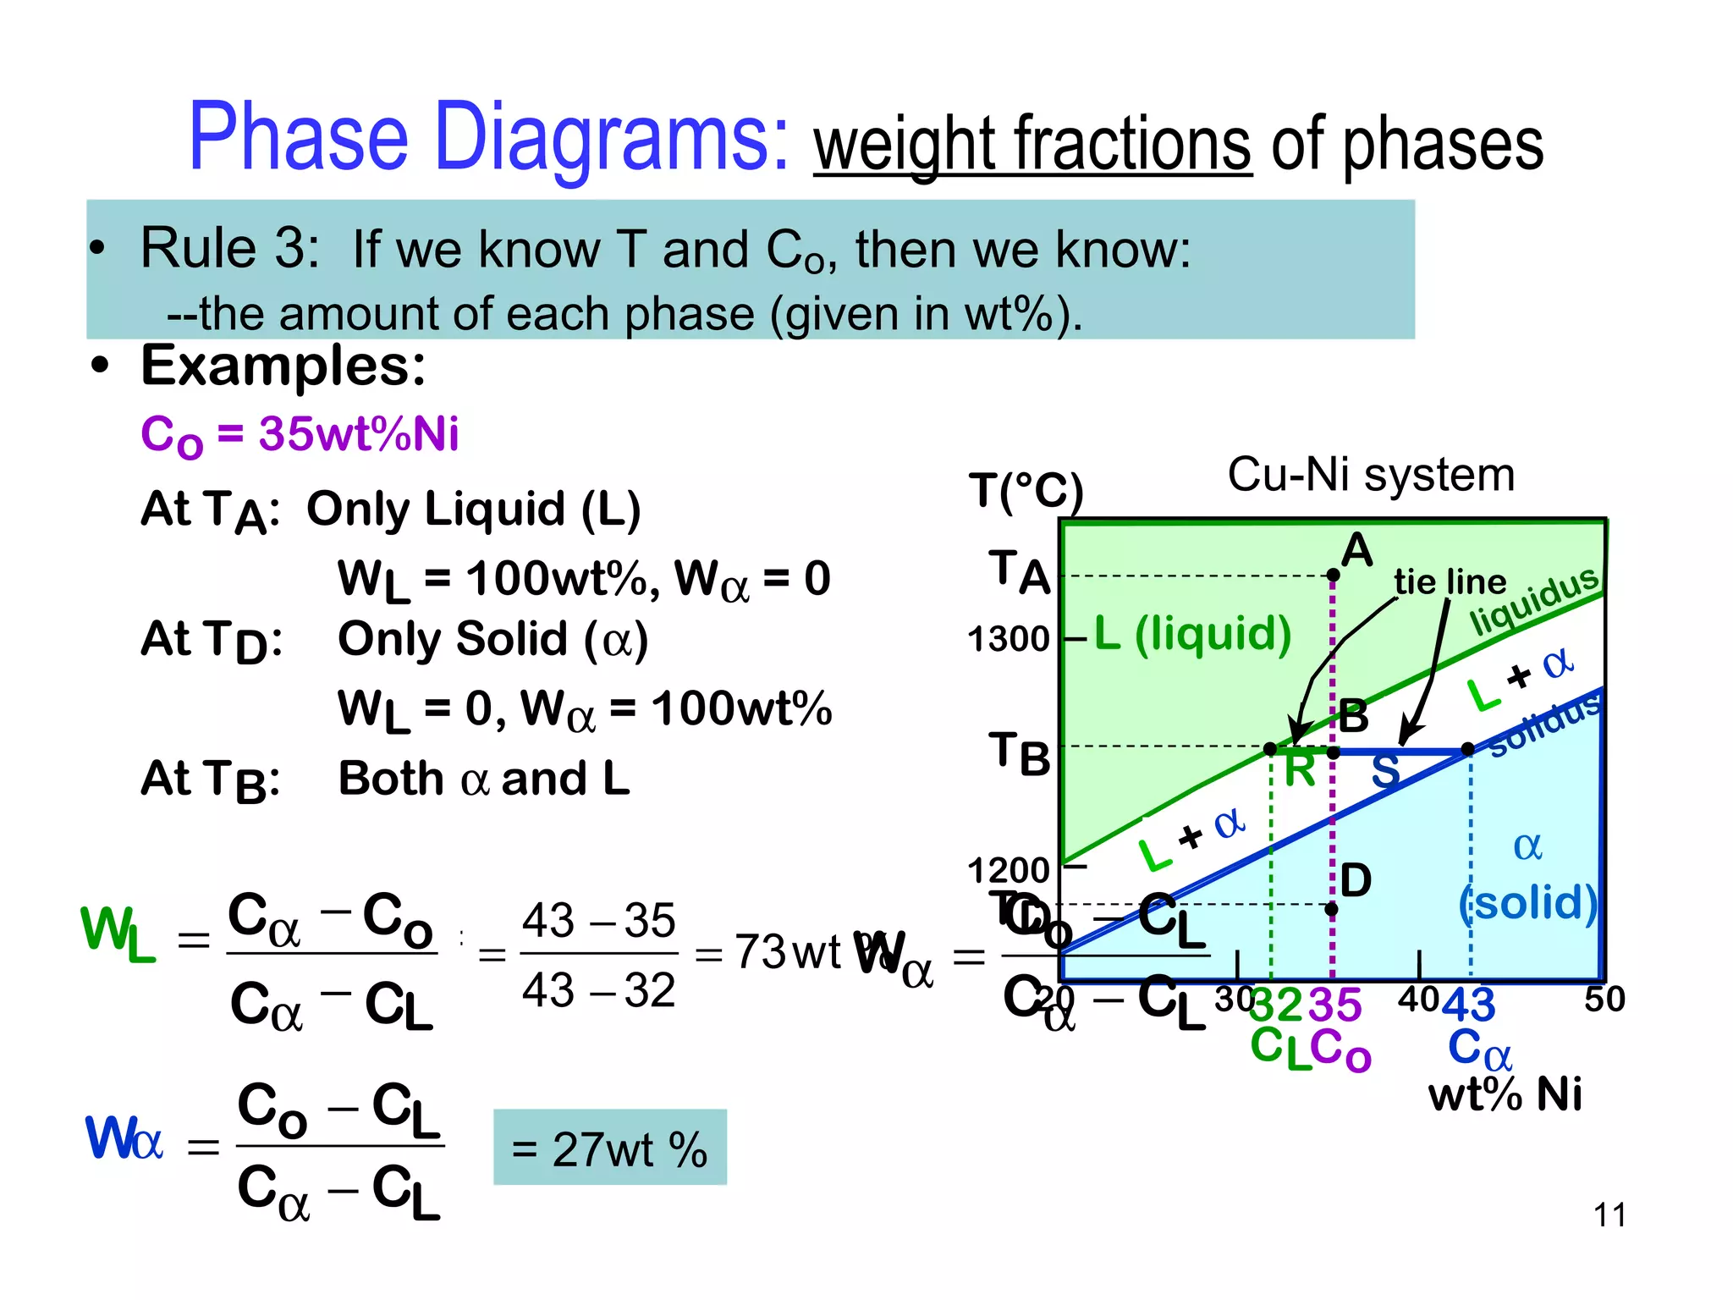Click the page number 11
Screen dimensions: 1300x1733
point(1609,1215)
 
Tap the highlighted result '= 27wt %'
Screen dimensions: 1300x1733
point(609,1149)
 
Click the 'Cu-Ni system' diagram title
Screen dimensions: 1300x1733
point(1370,474)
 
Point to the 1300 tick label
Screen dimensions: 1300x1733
point(1008,639)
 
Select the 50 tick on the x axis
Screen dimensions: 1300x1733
point(1604,1000)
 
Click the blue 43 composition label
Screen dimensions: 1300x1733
point(1469,1005)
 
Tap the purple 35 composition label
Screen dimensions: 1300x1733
point(1335,1005)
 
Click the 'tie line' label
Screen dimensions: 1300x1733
point(1450,582)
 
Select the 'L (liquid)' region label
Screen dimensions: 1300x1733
point(1192,633)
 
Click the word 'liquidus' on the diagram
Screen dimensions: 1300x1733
point(1534,600)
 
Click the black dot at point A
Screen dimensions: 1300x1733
point(1333,576)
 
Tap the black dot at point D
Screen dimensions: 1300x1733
point(1332,910)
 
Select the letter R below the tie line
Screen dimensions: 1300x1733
point(1300,771)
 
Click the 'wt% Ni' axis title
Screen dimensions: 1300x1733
point(1505,1093)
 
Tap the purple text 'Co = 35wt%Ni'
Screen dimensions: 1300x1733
point(300,435)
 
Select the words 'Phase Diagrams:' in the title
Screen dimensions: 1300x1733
point(489,137)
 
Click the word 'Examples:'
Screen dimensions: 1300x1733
point(283,366)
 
